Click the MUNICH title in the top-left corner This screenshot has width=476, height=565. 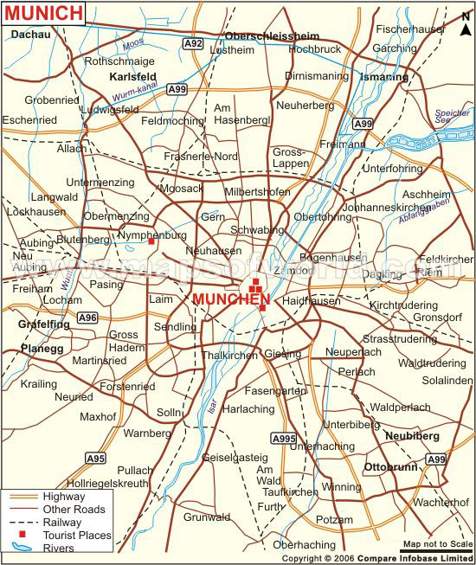(x=44, y=13)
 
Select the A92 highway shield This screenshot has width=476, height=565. (x=193, y=42)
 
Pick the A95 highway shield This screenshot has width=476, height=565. (x=95, y=458)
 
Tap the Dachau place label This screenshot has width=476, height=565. (x=31, y=34)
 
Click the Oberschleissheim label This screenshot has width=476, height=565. (x=272, y=35)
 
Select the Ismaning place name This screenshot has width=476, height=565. (x=382, y=77)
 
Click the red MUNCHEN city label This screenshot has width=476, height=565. (x=231, y=299)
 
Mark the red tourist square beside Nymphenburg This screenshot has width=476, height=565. (x=151, y=242)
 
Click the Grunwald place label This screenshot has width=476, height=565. (x=206, y=517)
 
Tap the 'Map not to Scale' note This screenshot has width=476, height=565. (x=437, y=544)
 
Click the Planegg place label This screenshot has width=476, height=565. (x=42, y=348)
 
